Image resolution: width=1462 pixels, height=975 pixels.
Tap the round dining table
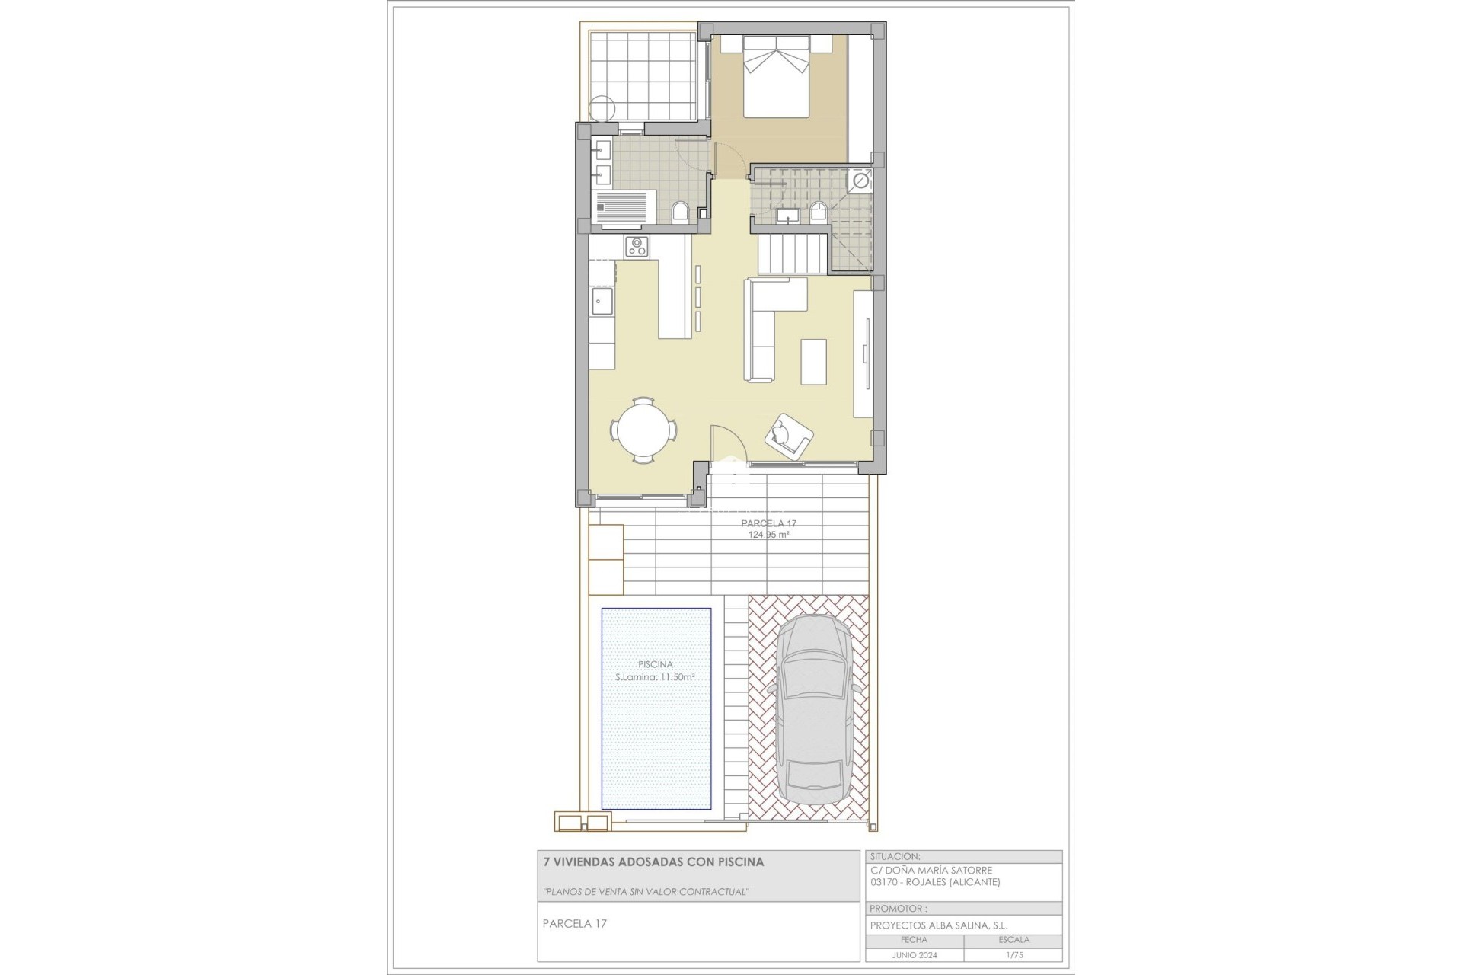643,431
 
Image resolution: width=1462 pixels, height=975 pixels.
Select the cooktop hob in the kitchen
637,246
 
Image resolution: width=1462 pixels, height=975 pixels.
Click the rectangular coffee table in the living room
813,361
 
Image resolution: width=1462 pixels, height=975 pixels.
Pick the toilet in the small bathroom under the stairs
819,211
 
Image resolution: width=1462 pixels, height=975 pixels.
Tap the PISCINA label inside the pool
656,664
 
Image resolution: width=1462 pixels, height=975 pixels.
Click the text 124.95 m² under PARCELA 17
768,535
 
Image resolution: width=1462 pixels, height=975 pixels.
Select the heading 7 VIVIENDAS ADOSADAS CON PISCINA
653,862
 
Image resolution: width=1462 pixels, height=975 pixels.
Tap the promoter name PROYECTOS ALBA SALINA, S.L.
938,925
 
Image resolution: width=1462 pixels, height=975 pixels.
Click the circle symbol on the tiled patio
602,108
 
